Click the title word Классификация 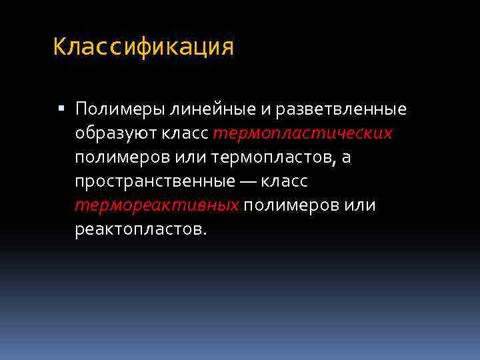click(143, 47)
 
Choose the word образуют click(115, 133)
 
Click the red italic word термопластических click(303, 133)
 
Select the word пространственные click(155, 181)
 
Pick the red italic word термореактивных click(157, 205)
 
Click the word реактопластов click(141, 229)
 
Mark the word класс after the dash click(285, 181)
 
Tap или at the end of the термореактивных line click(360, 205)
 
